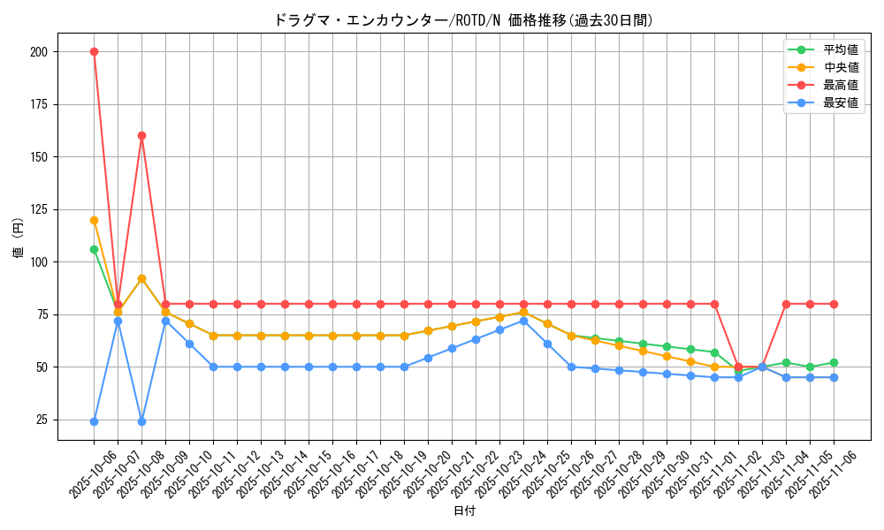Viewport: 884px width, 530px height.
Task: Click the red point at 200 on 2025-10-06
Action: tap(94, 51)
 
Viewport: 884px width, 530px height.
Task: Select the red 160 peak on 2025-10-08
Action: tap(141, 135)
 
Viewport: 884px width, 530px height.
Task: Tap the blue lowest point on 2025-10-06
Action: tap(94, 421)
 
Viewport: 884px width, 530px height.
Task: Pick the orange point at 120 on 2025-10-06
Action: tap(94, 220)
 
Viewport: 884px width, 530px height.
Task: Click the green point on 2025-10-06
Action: tap(94, 249)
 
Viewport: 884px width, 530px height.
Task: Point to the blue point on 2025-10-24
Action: tap(523, 321)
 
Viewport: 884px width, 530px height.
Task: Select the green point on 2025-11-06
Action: tap(834, 362)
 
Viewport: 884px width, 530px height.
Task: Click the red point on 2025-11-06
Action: tap(834, 304)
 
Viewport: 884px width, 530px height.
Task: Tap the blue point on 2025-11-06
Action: tap(834, 377)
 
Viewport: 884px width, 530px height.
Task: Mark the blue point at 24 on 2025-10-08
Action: tap(141, 421)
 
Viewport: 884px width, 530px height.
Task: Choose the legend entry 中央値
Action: tap(840, 67)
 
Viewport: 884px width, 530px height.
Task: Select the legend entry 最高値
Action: tap(840, 85)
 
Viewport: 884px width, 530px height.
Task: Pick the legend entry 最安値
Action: tap(840, 102)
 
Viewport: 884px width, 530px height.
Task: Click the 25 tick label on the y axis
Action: tap(41, 420)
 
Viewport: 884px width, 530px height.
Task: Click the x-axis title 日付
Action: tap(464, 511)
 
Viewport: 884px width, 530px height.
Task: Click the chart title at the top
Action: tap(464, 19)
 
